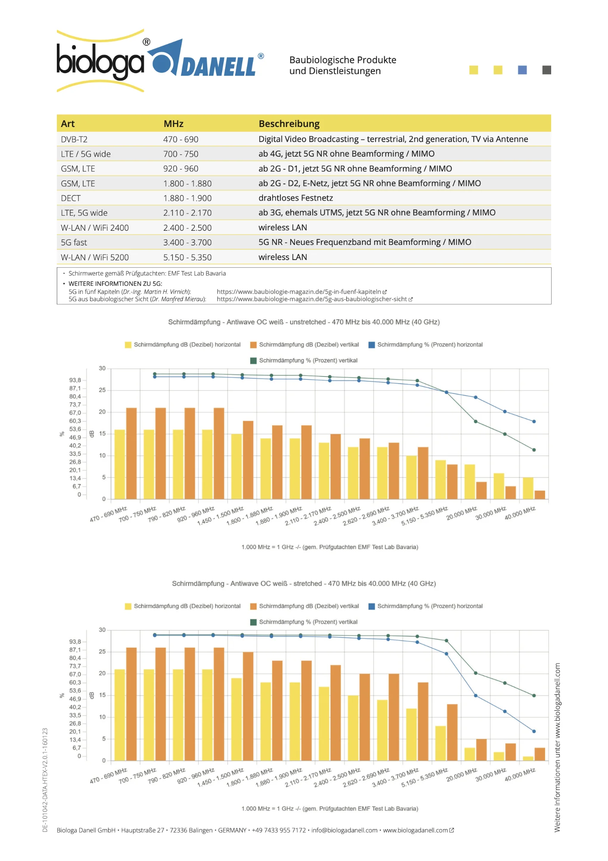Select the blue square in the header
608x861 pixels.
coord(522,70)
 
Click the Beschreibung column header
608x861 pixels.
coord(289,124)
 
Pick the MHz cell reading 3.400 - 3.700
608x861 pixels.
coord(187,242)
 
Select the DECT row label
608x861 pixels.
coord(71,198)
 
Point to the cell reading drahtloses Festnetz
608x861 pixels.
coord(295,198)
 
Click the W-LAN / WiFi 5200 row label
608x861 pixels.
coord(95,257)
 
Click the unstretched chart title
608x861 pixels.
coord(304,322)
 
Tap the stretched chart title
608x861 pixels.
coord(304,583)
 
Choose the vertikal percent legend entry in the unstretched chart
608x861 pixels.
coord(307,360)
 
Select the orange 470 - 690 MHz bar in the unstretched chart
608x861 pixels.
coord(131,453)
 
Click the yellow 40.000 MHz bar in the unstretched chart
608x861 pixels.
coord(528,488)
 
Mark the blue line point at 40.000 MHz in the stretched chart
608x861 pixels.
coord(534,731)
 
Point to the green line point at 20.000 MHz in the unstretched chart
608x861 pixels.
coord(475,421)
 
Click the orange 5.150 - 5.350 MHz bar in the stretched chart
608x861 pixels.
coord(452,732)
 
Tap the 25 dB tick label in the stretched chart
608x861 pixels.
coord(102,652)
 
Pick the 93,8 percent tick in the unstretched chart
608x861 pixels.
coord(75,380)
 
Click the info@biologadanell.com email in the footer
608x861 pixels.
coord(344,830)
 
